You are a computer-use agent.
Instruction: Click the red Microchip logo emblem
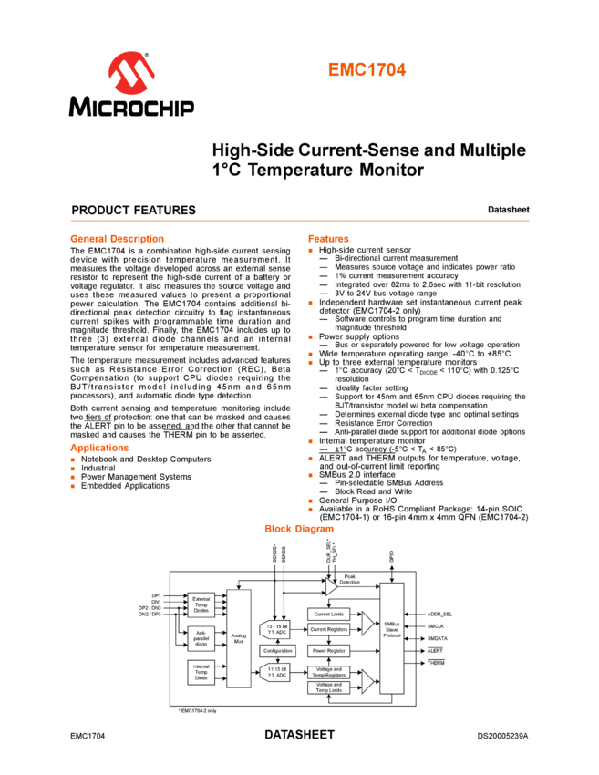(x=131, y=72)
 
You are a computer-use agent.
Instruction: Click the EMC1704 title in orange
(x=367, y=70)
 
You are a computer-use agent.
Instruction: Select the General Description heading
(x=117, y=239)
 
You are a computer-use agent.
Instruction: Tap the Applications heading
(x=99, y=448)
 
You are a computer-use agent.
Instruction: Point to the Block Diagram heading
(x=299, y=529)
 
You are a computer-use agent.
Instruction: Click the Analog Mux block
(x=238, y=638)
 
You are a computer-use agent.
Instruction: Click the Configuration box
(x=277, y=651)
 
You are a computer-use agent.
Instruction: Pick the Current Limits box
(x=329, y=615)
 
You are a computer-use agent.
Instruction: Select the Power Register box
(x=329, y=651)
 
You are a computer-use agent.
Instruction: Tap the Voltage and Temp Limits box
(x=329, y=687)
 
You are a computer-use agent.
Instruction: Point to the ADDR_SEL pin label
(x=439, y=615)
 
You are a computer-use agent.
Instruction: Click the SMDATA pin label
(x=438, y=639)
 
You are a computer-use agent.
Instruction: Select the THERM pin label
(x=436, y=663)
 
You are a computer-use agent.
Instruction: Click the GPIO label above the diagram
(x=391, y=554)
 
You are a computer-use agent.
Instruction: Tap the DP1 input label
(x=156, y=595)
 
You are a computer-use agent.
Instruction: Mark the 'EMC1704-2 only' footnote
(x=198, y=709)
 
